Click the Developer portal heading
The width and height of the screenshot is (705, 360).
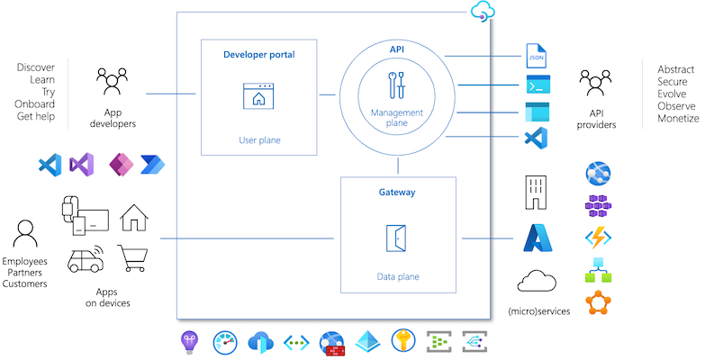coord(258,55)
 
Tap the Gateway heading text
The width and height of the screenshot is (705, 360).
coord(397,193)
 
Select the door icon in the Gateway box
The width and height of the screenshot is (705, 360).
coord(397,238)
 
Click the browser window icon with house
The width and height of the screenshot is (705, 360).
coord(258,96)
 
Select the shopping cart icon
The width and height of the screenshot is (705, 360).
coord(134,257)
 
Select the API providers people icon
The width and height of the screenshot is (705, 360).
coord(596,83)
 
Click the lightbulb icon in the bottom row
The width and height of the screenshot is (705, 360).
coord(190,342)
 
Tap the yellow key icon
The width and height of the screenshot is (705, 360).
coord(401,342)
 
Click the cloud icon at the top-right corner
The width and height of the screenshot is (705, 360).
coord(483,11)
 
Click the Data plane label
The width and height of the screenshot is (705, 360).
coord(397,276)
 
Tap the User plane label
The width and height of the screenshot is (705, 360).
coord(258,139)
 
